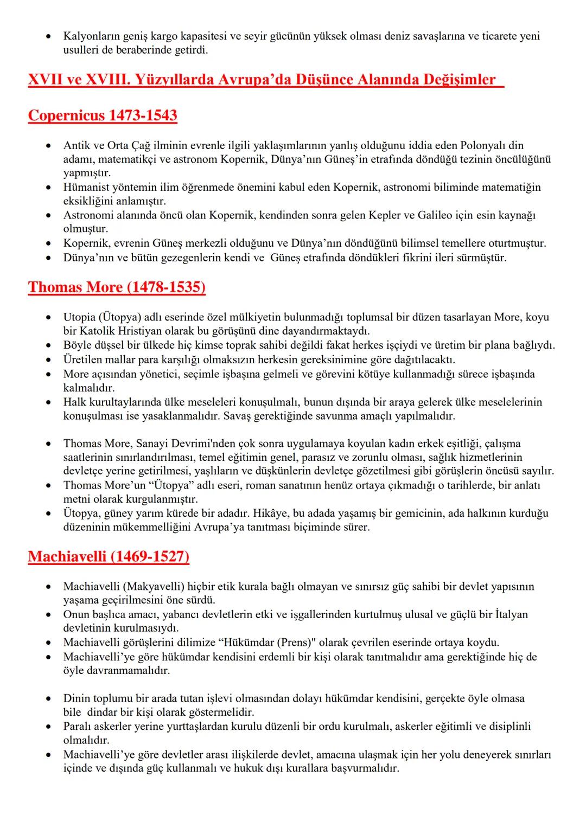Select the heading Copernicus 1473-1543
[x=103, y=115]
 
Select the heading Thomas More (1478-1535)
[x=117, y=287]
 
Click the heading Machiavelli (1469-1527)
[x=109, y=556]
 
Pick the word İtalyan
[x=511, y=614]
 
